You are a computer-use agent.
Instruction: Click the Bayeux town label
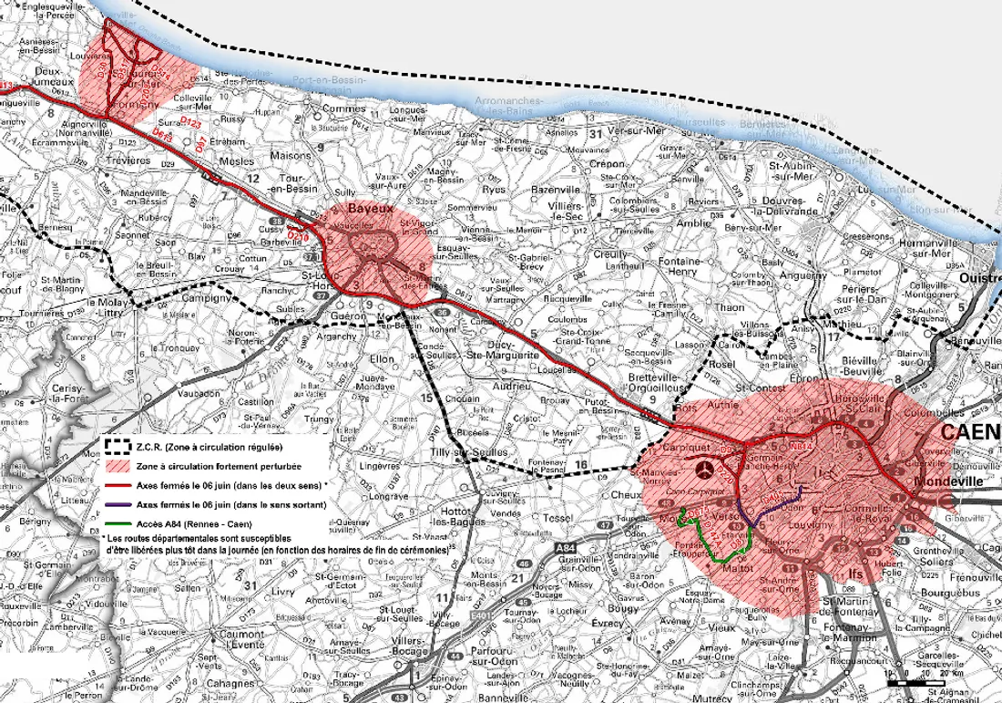376,209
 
